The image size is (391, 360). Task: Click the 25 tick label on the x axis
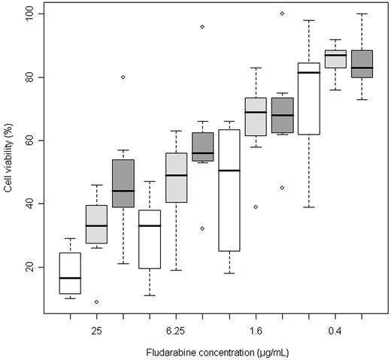click(x=96, y=329)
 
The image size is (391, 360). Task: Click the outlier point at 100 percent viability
click(x=282, y=14)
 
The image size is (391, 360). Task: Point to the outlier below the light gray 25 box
click(x=96, y=301)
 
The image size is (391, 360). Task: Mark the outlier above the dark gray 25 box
click(x=123, y=77)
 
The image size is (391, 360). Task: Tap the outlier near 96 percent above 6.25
click(x=202, y=26)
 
